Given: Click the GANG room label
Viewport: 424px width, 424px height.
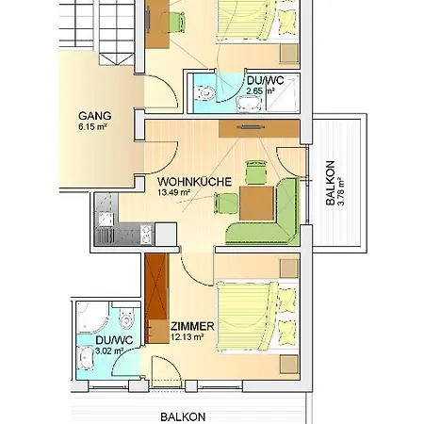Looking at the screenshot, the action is coord(95,116).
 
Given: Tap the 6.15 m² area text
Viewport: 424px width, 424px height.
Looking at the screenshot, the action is coord(91,127).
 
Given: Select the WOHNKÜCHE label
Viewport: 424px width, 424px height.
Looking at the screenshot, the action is coord(195,182).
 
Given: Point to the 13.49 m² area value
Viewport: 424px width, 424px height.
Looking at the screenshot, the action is coord(174,192).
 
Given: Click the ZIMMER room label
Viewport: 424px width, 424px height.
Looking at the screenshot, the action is coord(192,326).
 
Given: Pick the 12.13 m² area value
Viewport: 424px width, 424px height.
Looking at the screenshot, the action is coord(188,337).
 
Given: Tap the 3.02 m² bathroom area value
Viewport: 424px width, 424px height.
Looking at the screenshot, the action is coord(109,351).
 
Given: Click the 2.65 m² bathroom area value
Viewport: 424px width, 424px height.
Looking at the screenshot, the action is coord(261,91).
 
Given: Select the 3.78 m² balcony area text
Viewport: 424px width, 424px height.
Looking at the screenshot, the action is coord(341,191).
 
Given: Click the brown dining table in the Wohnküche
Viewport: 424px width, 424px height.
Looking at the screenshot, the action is coord(256,204).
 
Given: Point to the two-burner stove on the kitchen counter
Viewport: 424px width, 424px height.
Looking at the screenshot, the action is coord(146,234).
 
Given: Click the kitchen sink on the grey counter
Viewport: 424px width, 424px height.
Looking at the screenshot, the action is coord(106,219).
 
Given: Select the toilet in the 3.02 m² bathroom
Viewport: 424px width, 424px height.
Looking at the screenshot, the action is coord(127,318).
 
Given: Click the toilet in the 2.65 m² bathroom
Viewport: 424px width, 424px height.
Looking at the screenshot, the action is coord(204,93).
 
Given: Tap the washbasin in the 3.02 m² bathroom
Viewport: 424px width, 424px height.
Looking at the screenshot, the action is coord(86,358).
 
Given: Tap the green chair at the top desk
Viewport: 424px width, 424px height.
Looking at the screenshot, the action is coord(176,22).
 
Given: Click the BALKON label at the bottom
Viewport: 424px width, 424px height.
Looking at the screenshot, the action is coord(183,417).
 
